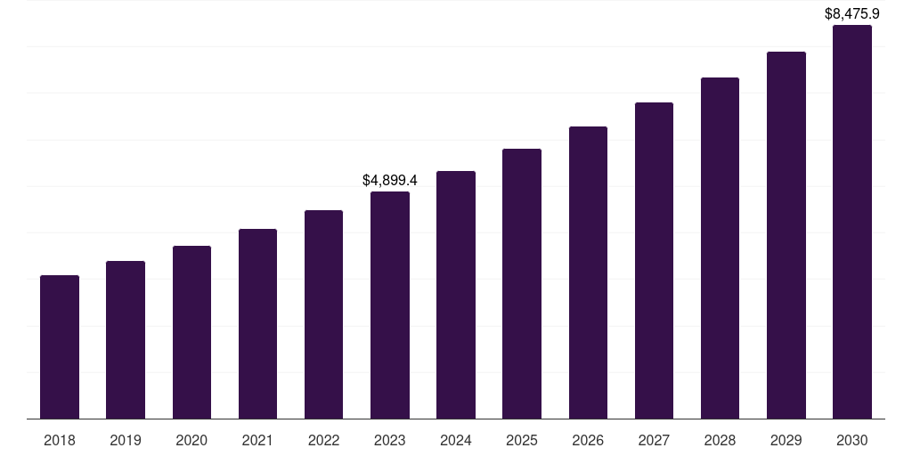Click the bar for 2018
(x=60, y=347)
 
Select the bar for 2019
(x=126, y=340)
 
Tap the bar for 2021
(x=257, y=324)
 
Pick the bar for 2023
(x=390, y=305)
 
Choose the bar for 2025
(x=522, y=284)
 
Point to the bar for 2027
(x=654, y=261)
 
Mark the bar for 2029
(x=786, y=235)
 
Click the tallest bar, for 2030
(x=852, y=222)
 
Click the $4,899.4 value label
(x=390, y=180)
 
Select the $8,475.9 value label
(x=852, y=13)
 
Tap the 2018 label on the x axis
(x=60, y=440)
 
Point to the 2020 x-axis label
(x=191, y=440)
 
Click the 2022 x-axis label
(x=324, y=440)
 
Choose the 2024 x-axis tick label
(x=456, y=440)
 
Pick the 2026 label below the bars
(x=588, y=440)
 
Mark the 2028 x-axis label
(x=720, y=440)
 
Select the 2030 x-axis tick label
(x=852, y=440)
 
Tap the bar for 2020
(x=191, y=332)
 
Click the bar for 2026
(x=588, y=273)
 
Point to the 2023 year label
(x=390, y=440)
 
